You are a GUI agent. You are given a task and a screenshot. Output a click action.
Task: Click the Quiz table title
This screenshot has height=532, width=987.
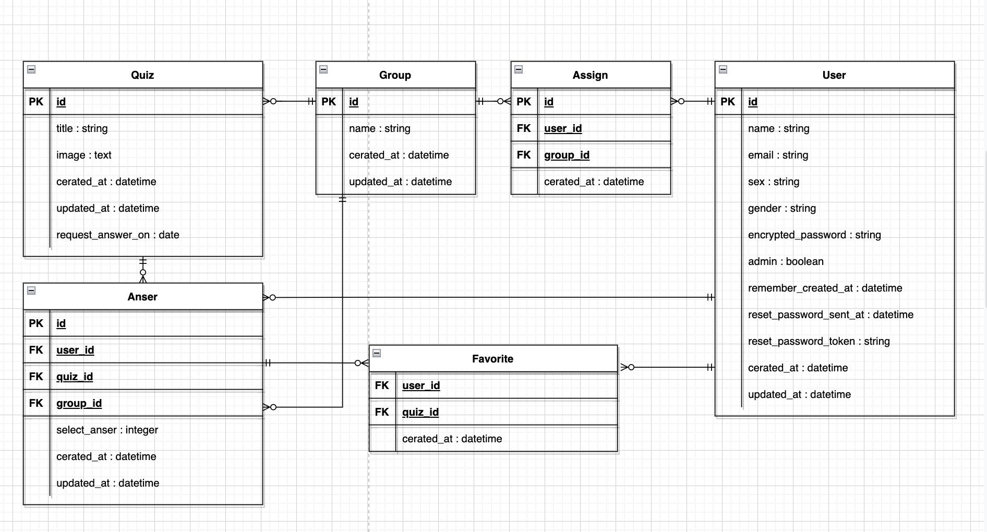(x=142, y=75)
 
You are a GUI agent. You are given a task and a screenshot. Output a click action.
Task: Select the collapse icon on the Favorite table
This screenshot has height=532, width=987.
(x=377, y=353)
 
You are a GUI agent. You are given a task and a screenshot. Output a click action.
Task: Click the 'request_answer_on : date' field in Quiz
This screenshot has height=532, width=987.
(x=117, y=235)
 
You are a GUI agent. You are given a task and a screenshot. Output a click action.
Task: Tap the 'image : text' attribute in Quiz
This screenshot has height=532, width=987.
(x=83, y=155)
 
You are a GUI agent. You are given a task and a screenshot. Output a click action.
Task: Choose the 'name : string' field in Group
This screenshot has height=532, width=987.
(x=379, y=128)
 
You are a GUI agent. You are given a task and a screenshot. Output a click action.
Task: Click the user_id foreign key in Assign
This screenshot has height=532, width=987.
(x=562, y=128)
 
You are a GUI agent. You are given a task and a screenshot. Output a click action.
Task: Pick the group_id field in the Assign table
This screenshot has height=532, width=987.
(x=567, y=155)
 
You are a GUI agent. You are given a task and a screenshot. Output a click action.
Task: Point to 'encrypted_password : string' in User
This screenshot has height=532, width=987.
(x=814, y=235)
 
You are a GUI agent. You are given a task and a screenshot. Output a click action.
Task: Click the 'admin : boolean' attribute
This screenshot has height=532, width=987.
(x=785, y=261)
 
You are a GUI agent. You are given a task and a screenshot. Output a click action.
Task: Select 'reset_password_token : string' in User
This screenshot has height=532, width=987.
(x=819, y=341)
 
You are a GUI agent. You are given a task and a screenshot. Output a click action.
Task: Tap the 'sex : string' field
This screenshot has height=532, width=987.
(x=773, y=182)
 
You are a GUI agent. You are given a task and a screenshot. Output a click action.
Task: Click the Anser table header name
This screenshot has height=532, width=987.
(x=142, y=297)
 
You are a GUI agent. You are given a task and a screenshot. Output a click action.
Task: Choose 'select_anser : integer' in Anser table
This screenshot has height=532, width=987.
(x=107, y=430)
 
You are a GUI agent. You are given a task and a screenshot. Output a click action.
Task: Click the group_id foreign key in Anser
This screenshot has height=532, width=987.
(x=79, y=403)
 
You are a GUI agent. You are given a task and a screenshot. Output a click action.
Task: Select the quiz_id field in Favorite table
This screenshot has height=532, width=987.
(x=420, y=412)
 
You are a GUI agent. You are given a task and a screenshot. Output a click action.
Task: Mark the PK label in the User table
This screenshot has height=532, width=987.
(x=727, y=102)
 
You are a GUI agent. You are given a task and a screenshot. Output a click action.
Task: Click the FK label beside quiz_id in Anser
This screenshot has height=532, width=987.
(x=36, y=377)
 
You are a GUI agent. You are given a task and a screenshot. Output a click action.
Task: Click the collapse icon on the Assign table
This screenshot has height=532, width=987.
(x=519, y=69)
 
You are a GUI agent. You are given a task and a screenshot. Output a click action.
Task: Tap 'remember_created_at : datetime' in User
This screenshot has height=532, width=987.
(x=825, y=288)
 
